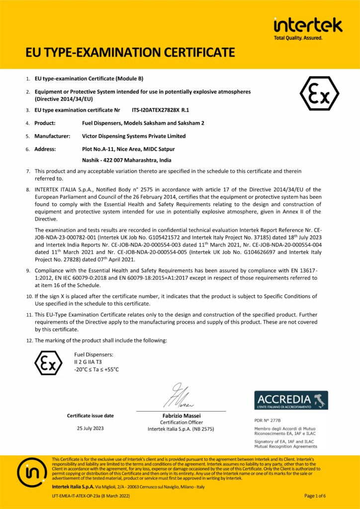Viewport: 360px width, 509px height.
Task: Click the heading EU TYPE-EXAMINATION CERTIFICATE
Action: pyautogui.click(x=130, y=52)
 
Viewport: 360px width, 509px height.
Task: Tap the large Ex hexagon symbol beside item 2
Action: pyautogui.click(x=319, y=93)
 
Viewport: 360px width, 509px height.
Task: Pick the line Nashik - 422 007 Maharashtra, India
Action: pyautogui.click(x=126, y=160)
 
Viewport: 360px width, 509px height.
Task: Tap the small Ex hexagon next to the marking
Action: pyautogui.click(x=48, y=362)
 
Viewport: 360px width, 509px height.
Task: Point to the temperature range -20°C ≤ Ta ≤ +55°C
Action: pyautogui.click(x=96, y=369)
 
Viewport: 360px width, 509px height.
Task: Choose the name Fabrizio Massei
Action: pyautogui.click(x=181, y=416)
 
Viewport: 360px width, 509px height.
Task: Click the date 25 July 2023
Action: pyautogui.click(x=90, y=428)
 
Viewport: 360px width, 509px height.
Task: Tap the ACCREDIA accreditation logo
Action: pyautogui.click(x=291, y=400)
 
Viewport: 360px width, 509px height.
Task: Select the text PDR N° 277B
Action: pyautogui.click(x=267, y=421)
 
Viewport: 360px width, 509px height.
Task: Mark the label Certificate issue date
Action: pyautogui.click(x=90, y=416)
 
